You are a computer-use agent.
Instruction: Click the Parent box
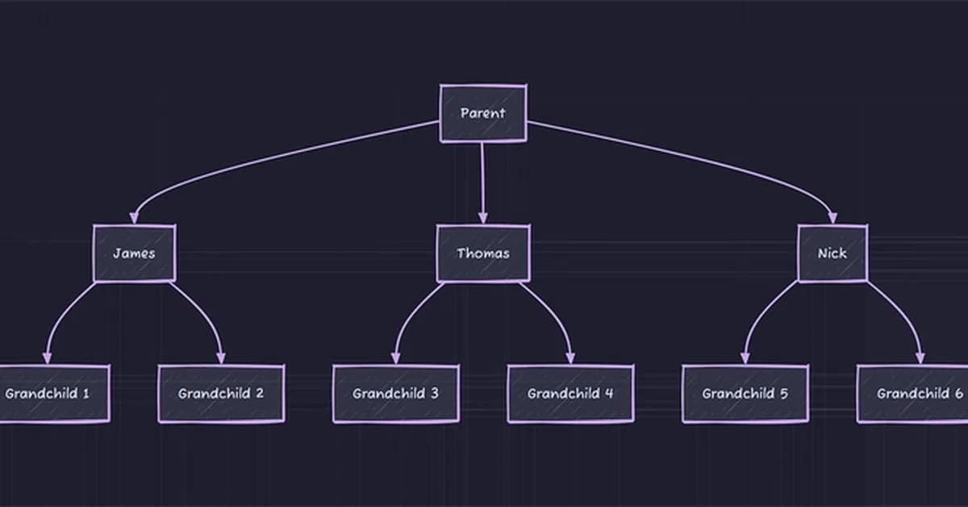point(482,113)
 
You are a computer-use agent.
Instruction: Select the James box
point(134,253)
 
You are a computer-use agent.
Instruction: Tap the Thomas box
point(483,253)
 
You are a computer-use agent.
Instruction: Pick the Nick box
point(832,253)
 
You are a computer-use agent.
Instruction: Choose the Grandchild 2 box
point(221,394)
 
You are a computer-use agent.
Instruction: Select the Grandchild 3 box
point(395,394)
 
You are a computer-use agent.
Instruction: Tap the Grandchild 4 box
point(570,394)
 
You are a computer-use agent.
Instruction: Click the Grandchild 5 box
point(745,394)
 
